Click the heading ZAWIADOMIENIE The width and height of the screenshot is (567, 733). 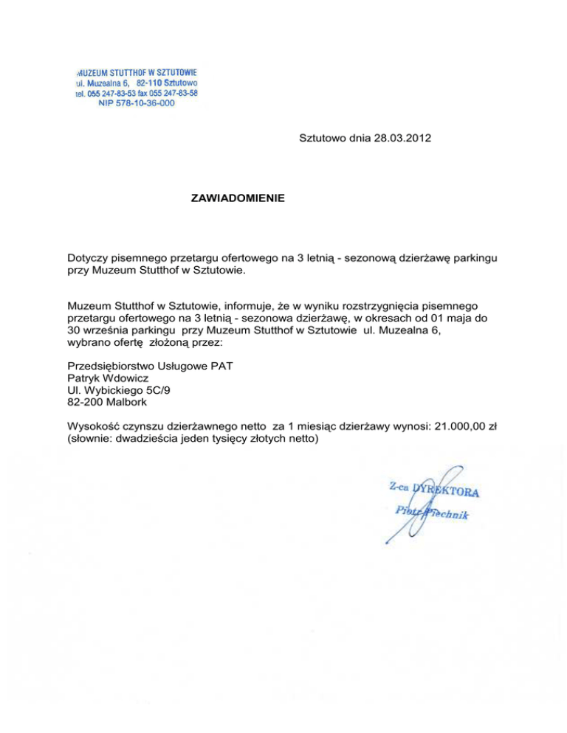click(237, 198)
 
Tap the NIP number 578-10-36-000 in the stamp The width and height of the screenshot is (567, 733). click(137, 104)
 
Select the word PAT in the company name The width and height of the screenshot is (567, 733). click(233, 365)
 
